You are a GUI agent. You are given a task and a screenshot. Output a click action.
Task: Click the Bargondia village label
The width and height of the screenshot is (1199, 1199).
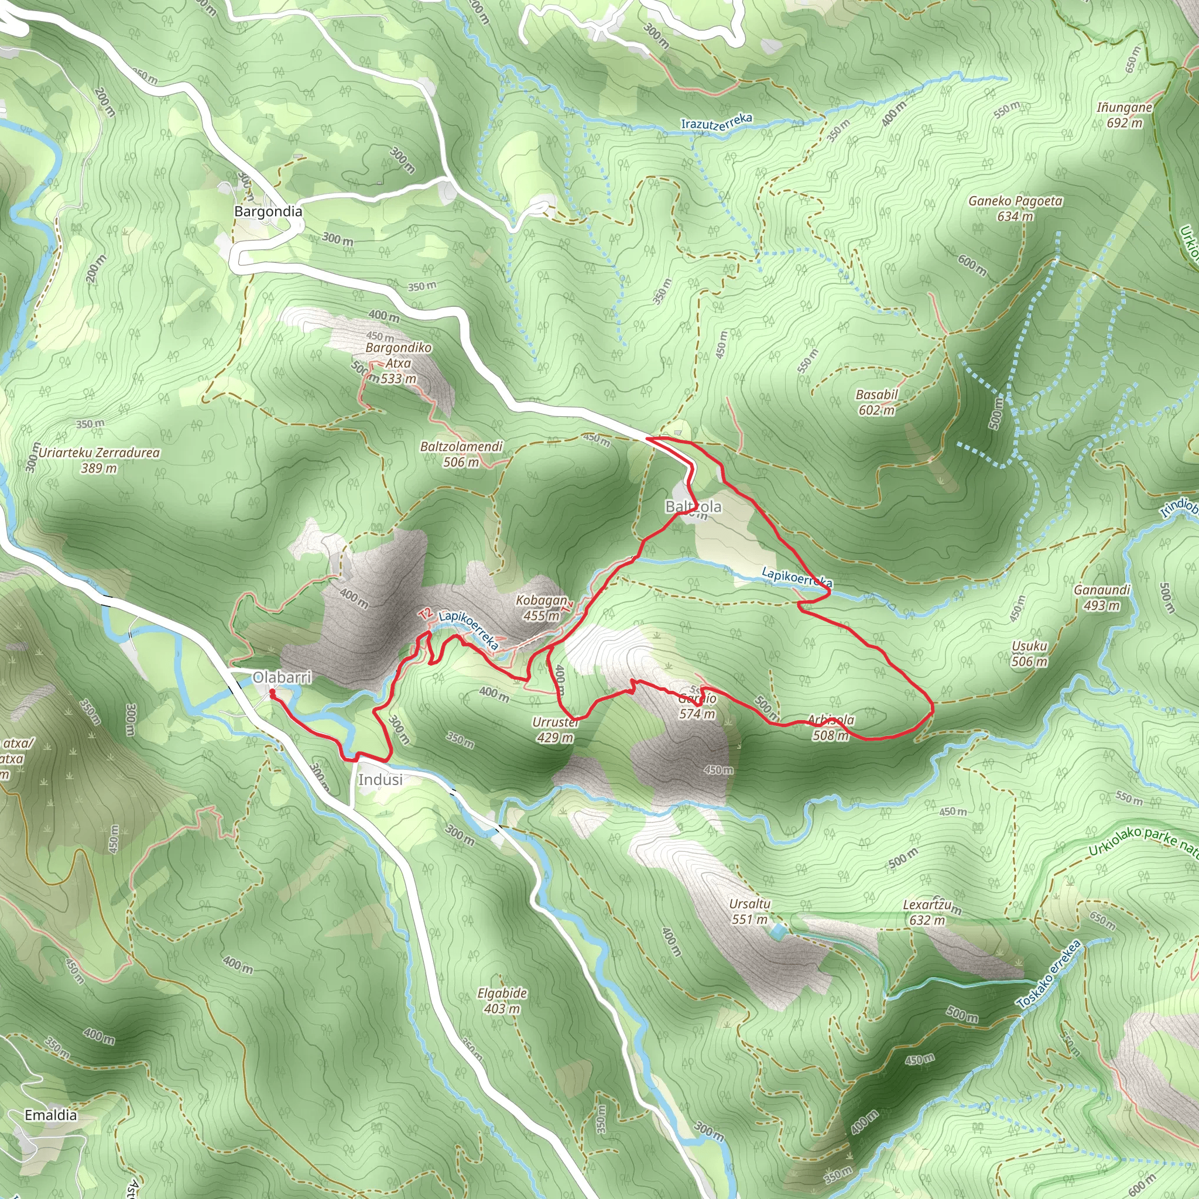tap(268, 211)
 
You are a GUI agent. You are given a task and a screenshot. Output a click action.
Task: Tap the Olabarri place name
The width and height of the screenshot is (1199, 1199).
tap(282, 677)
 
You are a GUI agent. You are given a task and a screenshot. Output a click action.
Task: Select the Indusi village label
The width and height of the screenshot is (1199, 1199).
tap(380, 779)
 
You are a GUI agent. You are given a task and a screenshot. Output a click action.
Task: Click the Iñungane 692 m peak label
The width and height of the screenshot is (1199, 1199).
tap(1124, 115)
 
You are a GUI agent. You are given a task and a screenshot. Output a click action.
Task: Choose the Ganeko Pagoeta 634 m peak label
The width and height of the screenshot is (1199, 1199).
tap(1015, 208)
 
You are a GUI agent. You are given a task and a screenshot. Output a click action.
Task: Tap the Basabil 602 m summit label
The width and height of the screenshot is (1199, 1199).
tap(876, 402)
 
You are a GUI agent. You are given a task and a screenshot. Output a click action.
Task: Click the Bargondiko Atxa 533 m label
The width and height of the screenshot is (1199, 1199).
tap(399, 363)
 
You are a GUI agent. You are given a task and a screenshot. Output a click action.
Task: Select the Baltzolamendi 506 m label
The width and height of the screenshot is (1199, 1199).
tap(461, 454)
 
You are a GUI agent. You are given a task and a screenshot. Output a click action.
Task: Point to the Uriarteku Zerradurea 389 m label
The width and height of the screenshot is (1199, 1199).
tap(100, 460)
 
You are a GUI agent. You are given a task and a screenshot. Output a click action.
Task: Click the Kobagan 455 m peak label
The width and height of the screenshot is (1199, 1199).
tap(541, 608)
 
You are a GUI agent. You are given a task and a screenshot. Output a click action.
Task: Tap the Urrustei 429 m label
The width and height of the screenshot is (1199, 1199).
tap(556, 730)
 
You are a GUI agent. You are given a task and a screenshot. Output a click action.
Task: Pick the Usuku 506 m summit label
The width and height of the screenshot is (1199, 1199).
tap(1030, 653)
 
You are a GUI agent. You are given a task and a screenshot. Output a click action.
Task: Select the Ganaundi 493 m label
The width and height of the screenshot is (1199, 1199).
tap(1102, 597)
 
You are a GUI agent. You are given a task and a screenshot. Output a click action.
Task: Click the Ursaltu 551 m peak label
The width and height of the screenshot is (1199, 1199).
tap(750, 911)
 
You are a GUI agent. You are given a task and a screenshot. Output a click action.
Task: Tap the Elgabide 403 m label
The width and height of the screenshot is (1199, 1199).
tap(502, 1001)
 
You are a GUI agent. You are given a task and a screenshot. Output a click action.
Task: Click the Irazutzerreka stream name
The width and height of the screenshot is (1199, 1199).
tap(717, 121)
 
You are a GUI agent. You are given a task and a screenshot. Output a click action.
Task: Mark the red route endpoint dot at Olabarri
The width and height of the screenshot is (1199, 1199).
tap(272, 691)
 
